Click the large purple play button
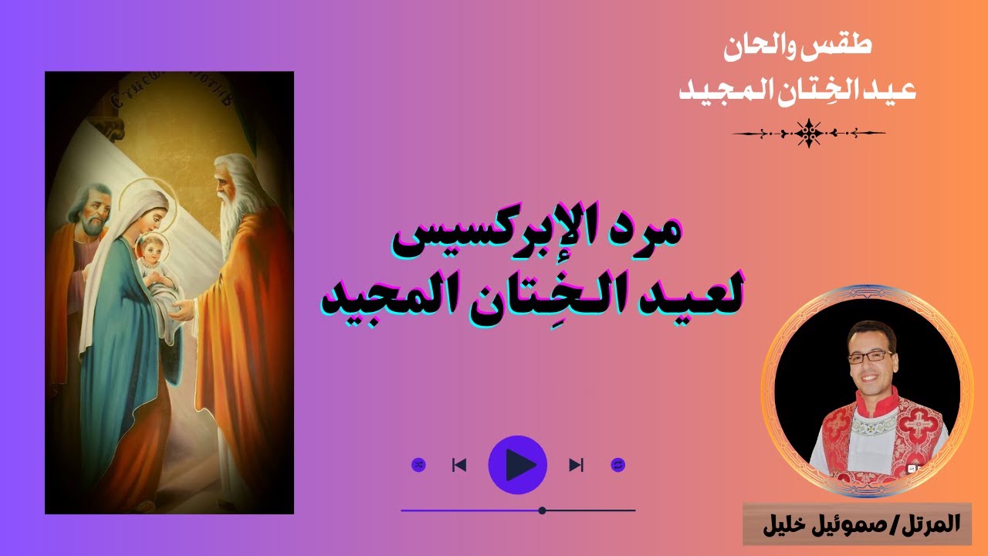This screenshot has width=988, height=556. (518, 465)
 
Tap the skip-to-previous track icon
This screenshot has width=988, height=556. (459, 465)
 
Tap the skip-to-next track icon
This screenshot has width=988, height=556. (576, 465)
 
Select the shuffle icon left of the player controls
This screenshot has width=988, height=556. (418, 465)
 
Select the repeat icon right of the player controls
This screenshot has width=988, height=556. (617, 465)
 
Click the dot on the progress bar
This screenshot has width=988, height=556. (543, 510)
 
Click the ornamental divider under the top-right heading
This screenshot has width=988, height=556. (808, 134)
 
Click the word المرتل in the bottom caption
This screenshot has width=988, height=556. (926, 525)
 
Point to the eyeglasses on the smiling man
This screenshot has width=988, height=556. (869, 357)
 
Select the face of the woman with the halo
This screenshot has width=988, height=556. (152, 209)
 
